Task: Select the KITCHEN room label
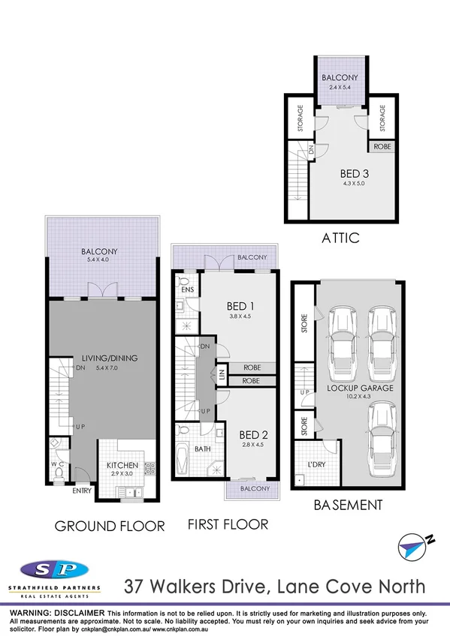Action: pos(121,466)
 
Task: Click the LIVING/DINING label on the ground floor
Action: pos(104,358)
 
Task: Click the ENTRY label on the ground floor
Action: pos(82,492)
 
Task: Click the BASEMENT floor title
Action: pos(349,505)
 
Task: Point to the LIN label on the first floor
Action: pos(221,375)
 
